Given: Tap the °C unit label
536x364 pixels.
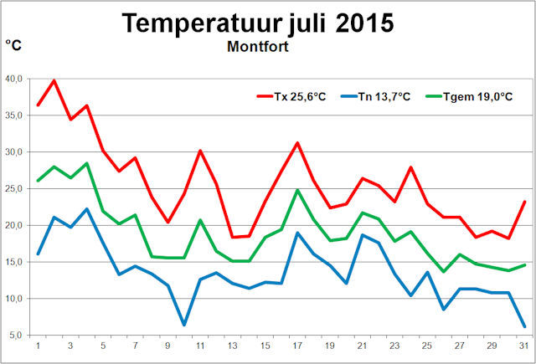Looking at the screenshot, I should [x=14, y=45].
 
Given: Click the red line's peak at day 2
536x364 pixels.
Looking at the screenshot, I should [x=54, y=80].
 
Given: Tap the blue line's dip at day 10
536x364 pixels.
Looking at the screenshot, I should [x=184, y=325].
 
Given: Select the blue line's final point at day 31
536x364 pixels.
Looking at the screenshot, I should [x=524, y=326].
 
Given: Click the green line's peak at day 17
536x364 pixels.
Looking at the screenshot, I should [x=297, y=190].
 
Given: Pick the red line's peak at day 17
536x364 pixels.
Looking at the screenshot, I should [x=297, y=143].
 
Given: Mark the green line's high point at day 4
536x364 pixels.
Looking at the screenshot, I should [x=86, y=163].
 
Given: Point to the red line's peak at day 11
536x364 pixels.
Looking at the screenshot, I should [x=200, y=151].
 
